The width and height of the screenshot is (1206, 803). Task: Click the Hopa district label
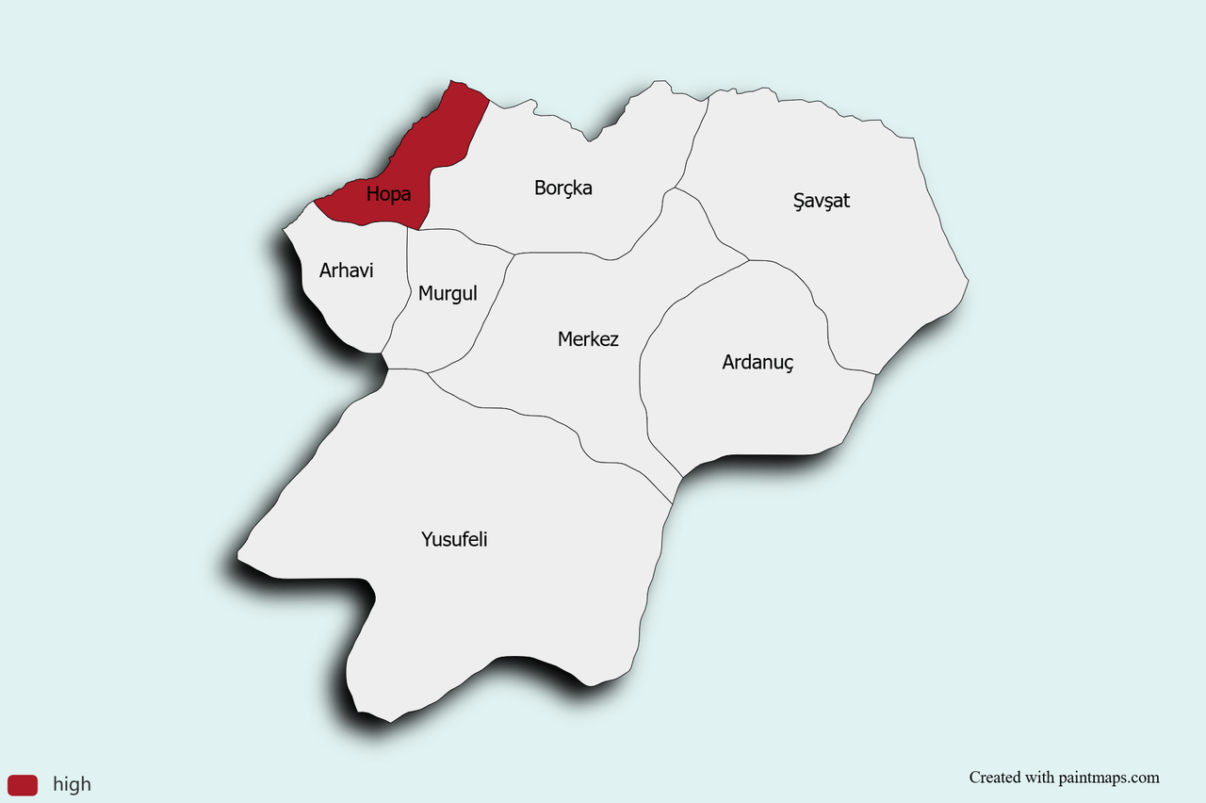[388, 195]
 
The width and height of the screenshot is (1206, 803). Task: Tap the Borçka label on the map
[562, 188]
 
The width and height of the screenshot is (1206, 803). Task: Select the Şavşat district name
[822, 200]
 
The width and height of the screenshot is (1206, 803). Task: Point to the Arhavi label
[346, 270]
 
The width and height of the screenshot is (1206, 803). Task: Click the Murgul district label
[448, 293]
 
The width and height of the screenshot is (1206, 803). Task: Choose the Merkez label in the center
[588, 338]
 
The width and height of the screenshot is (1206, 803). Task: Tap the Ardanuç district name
[758, 362]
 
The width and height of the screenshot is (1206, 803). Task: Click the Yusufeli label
[454, 540]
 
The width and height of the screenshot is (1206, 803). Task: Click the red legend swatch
[23, 784]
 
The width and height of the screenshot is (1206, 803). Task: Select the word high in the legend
[72, 784]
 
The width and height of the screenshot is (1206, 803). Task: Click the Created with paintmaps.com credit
[1064, 778]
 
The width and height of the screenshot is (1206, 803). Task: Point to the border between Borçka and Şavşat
[693, 141]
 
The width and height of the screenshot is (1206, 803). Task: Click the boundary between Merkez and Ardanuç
[642, 377]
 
